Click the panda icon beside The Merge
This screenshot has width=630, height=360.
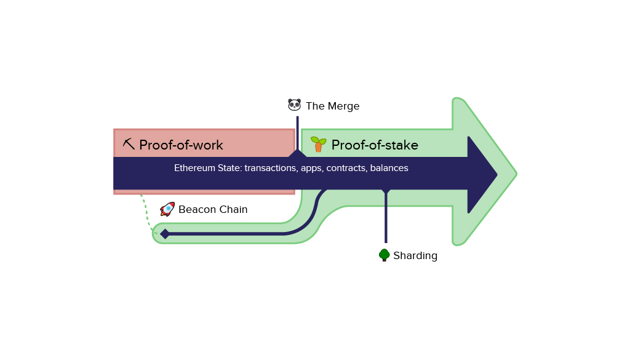[x=295, y=105]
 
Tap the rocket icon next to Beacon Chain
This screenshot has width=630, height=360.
[x=167, y=209]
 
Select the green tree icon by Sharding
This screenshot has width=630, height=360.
[x=385, y=255]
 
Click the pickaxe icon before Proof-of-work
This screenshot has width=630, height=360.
[x=129, y=144]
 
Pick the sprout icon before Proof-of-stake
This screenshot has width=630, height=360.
[x=318, y=144]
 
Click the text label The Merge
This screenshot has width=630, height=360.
[x=332, y=106]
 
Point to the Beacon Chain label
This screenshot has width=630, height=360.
[x=213, y=210]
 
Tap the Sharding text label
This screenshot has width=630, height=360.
[x=415, y=256]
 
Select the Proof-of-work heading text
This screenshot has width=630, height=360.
[x=181, y=145]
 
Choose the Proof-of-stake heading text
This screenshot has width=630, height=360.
[x=375, y=145]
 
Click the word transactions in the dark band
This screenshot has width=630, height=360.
[x=271, y=168]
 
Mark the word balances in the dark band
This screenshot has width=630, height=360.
[x=389, y=168]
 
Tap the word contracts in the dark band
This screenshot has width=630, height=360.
[x=346, y=168]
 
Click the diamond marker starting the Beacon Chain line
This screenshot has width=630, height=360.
[x=165, y=234]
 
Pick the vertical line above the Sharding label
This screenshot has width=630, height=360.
[x=386, y=222]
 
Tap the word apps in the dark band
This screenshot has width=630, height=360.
[x=312, y=168]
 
